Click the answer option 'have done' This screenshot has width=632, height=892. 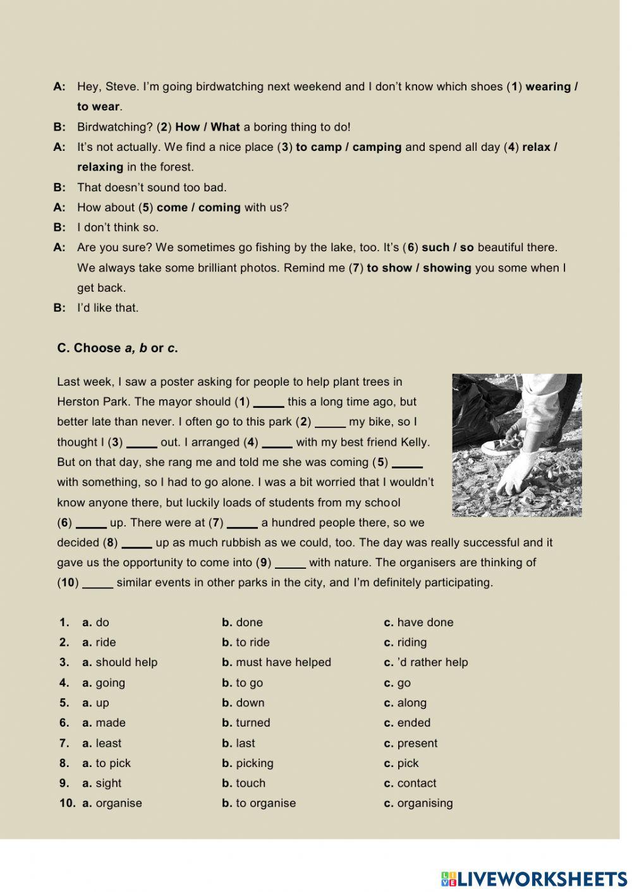pos(425,622)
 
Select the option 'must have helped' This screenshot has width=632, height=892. pos(283,662)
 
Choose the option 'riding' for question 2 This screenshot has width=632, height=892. pos(411,643)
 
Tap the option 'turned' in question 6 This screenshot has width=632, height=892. pos(253,723)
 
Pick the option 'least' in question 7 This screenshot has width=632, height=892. pos(108,743)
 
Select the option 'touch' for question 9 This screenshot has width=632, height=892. pos(250,783)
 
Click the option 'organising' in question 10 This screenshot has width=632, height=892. pos(425,804)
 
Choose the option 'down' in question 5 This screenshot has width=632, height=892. pos(250,703)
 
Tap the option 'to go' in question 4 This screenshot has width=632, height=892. pos(249,683)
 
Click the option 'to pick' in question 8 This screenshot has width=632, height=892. pos(112,763)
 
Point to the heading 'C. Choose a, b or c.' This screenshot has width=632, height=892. pos(118,348)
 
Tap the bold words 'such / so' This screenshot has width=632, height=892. pos(447,247)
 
